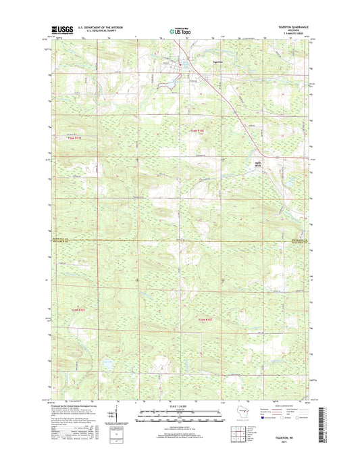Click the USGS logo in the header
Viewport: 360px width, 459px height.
[59, 29]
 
